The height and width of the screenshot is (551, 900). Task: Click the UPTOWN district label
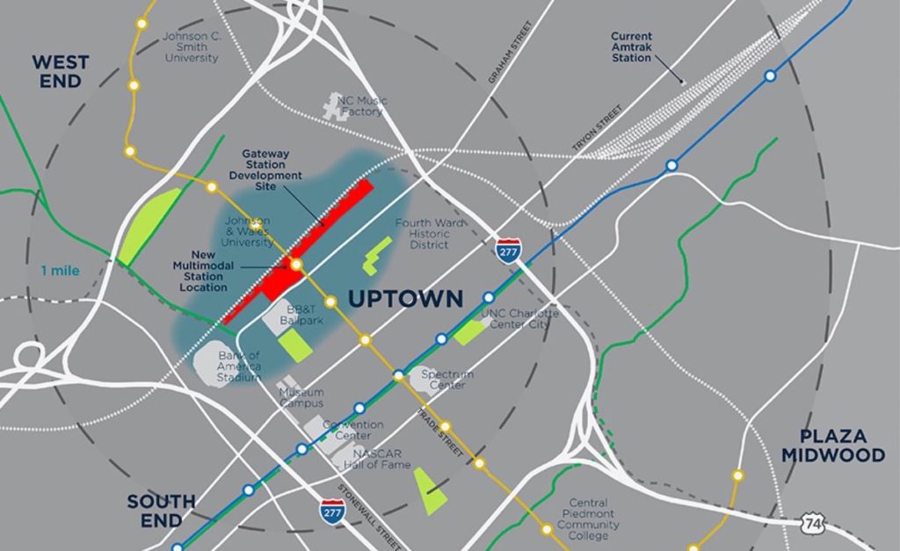point(405,299)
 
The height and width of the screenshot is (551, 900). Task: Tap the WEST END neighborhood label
point(60,71)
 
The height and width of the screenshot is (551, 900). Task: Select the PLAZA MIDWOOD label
point(833,445)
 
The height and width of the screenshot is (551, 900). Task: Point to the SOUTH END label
point(161,511)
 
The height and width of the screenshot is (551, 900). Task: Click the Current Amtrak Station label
point(632,47)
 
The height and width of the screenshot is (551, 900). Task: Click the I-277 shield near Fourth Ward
point(507,250)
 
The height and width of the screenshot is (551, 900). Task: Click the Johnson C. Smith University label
point(192,47)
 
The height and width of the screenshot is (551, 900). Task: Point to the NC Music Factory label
point(362,106)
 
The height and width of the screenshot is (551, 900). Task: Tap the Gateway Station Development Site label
point(265,169)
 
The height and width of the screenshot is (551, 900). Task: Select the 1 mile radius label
point(59,271)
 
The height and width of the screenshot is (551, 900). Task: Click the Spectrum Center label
point(446,380)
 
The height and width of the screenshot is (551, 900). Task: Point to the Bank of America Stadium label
point(239,366)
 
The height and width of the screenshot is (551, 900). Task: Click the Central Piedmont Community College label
point(588,519)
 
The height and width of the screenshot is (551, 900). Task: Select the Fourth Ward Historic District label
point(428,234)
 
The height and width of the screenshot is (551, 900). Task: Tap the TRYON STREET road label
point(597,125)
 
